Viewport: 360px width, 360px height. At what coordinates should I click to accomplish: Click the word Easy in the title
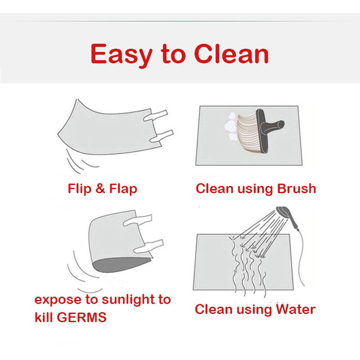click(x=122, y=55)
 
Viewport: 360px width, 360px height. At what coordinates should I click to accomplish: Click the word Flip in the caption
click(x=79, y=189)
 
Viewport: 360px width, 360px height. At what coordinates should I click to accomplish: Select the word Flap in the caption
click(x=123, y=189)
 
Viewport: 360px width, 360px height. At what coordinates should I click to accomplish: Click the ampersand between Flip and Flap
click(x=100, y=189)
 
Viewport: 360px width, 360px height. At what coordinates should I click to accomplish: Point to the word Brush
click(x=296, y=189)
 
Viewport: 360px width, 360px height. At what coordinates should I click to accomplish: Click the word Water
click(x=295, y=309)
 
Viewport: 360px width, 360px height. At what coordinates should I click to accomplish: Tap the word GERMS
click(x=82, y=317)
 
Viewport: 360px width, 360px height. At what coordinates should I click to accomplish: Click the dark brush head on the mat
click(x=262, y=130)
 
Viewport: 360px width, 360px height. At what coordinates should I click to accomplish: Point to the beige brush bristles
click(x=248, y=133)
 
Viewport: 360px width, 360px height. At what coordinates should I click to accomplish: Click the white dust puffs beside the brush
click(x=231, y=127)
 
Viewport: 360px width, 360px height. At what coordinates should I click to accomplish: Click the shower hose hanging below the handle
click(x=301, y=257)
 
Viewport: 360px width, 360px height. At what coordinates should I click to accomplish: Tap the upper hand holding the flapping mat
click(x=155, y=115)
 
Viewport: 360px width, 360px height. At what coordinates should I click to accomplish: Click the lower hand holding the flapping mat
click(x=161, y=136)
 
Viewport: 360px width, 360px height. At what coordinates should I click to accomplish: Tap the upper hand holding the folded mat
click(x=138, y=220)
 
